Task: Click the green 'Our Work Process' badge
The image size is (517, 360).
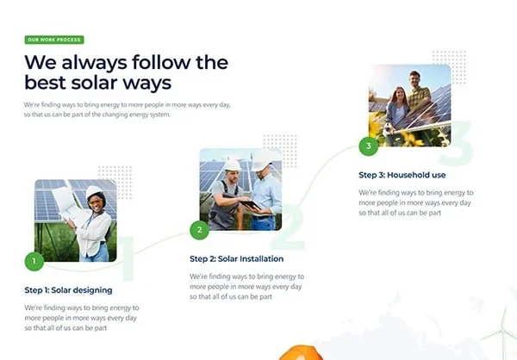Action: coord(54,40)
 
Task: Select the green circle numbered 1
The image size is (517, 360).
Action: coord(34,262)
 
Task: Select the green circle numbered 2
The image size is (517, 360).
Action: coord(200,230)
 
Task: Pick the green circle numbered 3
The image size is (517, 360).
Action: coord(369,146)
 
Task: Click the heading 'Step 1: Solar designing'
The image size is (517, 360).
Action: coord(68,290)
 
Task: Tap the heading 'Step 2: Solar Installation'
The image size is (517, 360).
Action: coord(236,258)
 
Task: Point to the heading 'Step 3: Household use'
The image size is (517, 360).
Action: coord(402,175)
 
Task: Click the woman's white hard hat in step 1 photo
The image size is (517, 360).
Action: coord(94,191)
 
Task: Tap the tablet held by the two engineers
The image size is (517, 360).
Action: coord(250,205)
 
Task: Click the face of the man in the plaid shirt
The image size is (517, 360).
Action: coord(414,79)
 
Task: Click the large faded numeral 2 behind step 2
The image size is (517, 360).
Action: coord(288,227)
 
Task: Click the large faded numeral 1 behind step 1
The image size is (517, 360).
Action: coord(128,258)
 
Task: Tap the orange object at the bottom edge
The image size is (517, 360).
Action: coord(301,353)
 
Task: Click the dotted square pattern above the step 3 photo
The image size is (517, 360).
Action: coord(449,67)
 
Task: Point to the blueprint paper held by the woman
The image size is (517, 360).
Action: coord(66,203)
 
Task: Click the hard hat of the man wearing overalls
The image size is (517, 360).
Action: coord(232,164)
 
